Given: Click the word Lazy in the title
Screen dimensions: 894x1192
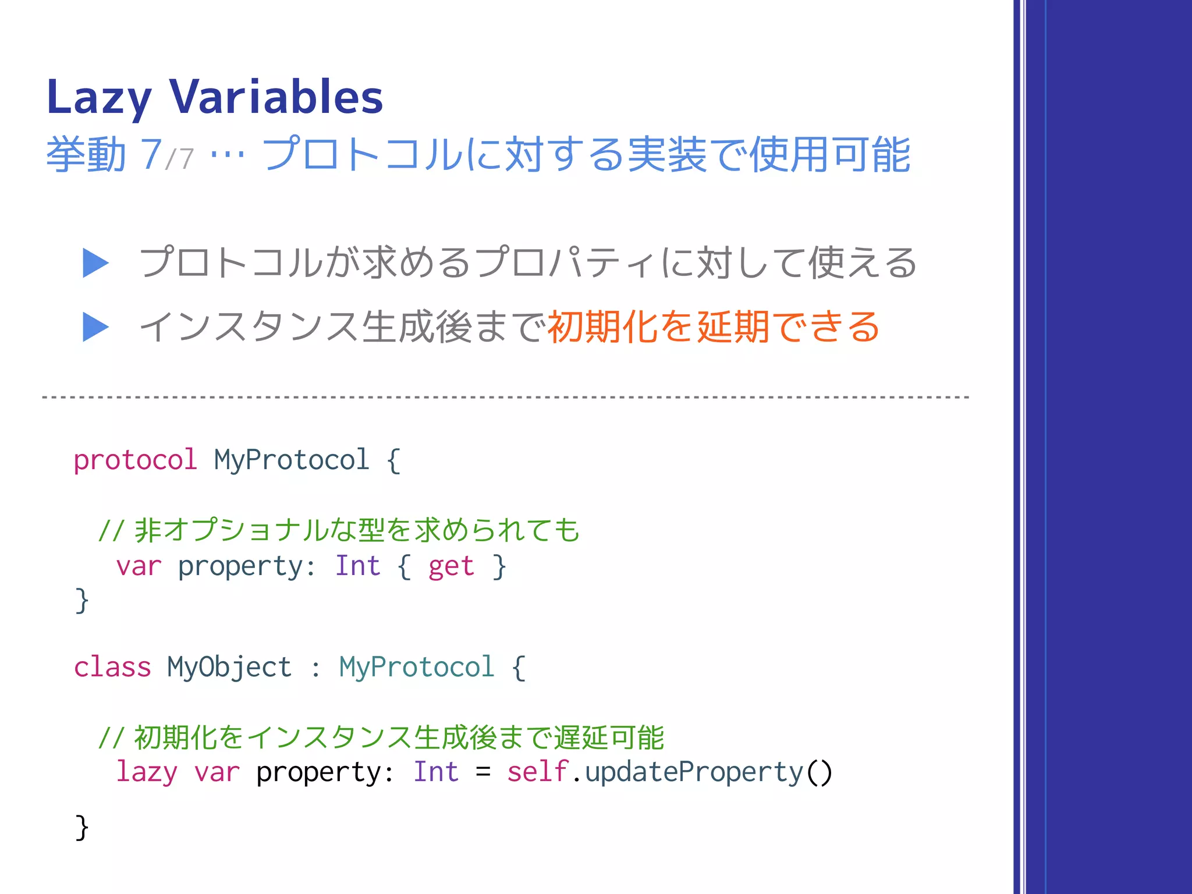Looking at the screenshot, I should (x=99, y=97).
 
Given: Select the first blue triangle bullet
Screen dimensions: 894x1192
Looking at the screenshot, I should (x=95, y=263).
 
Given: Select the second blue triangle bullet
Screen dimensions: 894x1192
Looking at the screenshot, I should (x=95, y=327).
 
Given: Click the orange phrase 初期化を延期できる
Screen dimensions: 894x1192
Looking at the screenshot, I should (x=714, y=327).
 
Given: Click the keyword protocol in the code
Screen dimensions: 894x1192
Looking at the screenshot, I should (x=135, y=460).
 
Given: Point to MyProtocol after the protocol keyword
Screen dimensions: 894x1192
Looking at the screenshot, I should (x=292, y=460).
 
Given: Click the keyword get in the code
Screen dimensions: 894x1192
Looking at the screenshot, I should (x=451, y=566).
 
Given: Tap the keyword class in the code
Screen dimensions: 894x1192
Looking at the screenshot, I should (x=112, y=667).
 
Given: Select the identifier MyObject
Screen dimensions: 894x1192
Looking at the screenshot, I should (x=229, y=667).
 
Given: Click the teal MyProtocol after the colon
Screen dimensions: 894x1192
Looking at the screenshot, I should (x=417, y=667).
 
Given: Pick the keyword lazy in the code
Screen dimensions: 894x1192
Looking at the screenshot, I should (x=147, y=772).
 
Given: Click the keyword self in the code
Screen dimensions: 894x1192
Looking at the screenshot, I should (x=537, y=772).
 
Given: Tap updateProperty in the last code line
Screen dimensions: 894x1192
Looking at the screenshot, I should (x=694, y=772).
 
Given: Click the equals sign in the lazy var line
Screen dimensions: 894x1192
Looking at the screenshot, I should (x=483, y=772).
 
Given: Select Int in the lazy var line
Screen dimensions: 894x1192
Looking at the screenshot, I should (x=436, y=772).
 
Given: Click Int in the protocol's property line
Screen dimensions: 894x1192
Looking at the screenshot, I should (x=357, y=566).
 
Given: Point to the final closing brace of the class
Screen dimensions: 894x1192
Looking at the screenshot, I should (x=82, y=826).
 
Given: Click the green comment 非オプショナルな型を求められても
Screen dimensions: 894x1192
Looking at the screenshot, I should (x=356, y=530).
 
